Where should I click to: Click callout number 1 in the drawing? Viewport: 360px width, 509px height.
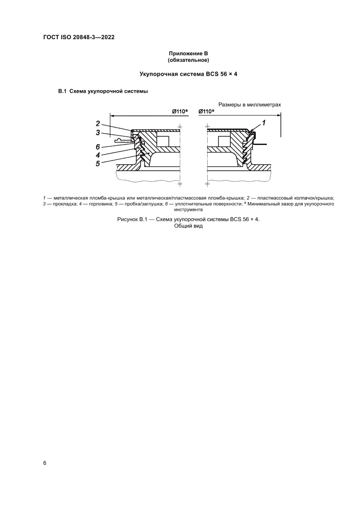coord(264,123)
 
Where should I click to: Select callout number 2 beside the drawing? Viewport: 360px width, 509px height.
coord(98,123)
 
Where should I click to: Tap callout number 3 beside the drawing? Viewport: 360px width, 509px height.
coord(98,132)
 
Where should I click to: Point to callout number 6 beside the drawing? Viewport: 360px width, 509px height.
coord(98,146)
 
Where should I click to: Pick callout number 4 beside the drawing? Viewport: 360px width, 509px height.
coord(98,155)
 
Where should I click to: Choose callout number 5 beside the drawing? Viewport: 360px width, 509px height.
coord(98,163)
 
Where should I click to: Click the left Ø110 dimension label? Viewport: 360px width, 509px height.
coord(179,111)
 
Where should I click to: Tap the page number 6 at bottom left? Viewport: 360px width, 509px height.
coord(45,463)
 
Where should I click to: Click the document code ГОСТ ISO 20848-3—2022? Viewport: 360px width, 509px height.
coord(79,38)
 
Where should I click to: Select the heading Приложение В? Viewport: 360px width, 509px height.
coord(188,53)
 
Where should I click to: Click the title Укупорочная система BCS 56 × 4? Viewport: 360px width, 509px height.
coord(188,74)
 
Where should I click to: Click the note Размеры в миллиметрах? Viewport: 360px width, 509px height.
coord(250,105)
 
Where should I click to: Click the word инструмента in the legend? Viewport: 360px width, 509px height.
coord(188,209)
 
